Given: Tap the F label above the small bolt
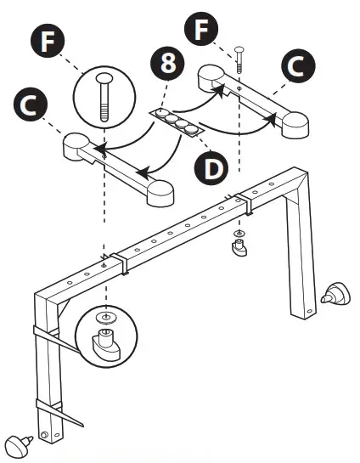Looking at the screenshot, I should click(201, 29).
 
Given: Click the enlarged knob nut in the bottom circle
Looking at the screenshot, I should click(104, 343).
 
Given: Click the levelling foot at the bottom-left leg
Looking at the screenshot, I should click(19, 443).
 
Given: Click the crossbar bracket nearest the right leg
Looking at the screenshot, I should click(243, 201).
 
